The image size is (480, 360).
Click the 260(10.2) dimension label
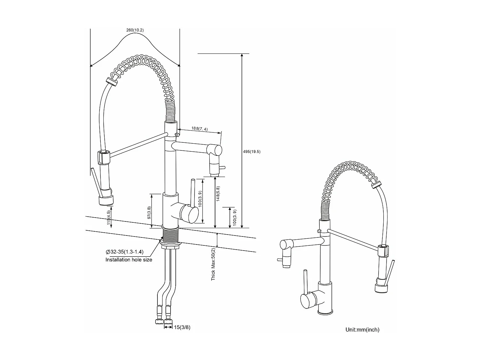pyautogui.click(x=135, y=30)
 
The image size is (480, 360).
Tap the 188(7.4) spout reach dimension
pyautogui.click(x=200, y=129)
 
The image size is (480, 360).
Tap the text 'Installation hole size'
pyautogui.click(x=129, y=260)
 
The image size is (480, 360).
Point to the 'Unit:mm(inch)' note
pyautogui.click(x=362, y=330)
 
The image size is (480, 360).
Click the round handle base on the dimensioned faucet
pyautogui.click(x=189, y=215)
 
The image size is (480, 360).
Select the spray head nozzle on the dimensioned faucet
pyautogui.click(x=106, y=201)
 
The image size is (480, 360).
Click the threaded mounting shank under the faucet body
pyautogui.click(x=171, y=236)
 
